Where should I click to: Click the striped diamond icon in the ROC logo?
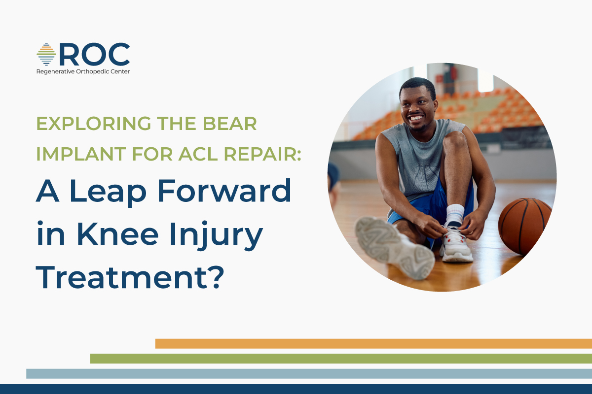coord(46,54)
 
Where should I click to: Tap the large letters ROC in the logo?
coord(94,54)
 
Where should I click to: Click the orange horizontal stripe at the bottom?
coord(373,343)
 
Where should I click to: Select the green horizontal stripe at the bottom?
coord(341,359)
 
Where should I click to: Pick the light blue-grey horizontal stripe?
coord(309,374)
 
